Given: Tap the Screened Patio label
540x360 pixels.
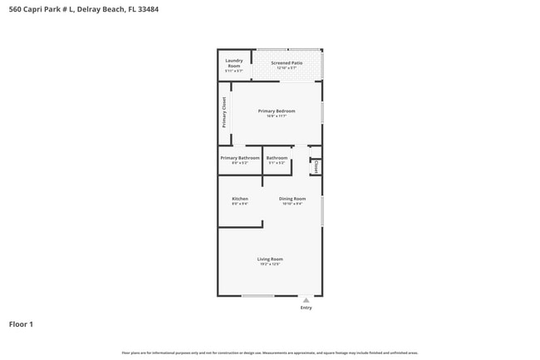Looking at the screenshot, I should pos(287,62).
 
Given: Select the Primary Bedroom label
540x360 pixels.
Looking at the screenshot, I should pos(276,111).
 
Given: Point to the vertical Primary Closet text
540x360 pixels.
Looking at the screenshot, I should pos(223,113).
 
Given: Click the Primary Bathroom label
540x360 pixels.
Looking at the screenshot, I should pos(239,158).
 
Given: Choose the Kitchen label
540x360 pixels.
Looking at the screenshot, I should pos(239,199).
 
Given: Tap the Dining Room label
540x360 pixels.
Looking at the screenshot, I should pos(292,199).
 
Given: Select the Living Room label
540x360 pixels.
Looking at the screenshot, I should pos(270,259).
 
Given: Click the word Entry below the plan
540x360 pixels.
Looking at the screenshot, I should pos(307,308).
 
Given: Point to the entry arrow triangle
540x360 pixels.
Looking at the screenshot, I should pos(307,299).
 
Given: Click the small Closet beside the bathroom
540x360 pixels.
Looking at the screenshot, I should pos(316,166).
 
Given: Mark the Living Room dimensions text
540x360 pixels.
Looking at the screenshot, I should pos(270,264).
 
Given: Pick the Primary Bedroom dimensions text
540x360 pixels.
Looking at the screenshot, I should pos(276,116).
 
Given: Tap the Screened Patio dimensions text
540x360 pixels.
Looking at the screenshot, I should pos(287,67).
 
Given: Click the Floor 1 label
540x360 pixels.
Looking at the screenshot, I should pos(21,324).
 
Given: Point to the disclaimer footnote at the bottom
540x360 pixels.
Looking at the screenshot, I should pos(270,353).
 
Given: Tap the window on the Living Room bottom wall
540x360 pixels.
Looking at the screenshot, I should pos(258,295).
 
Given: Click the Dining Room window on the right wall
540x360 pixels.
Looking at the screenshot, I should pos(322,211).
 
